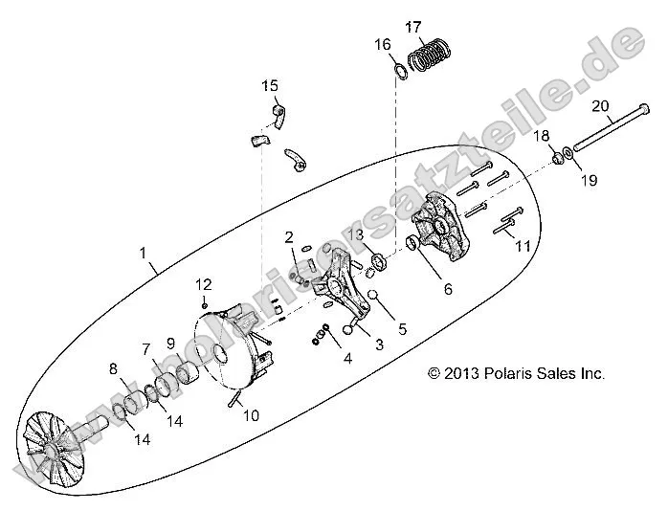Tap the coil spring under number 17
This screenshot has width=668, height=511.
[430, 56]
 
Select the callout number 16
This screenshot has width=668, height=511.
[382, 45]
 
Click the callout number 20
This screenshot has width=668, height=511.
[600, 105]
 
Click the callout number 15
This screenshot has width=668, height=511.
[271, 87]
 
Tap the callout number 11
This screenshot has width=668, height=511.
[523, 246]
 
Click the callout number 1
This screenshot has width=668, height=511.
[143, 254]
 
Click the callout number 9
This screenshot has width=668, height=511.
[170, 343]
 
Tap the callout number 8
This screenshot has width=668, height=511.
[113, 368]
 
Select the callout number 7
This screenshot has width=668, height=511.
[147, 348]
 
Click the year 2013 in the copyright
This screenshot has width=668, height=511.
[464, 373]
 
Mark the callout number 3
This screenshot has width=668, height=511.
[379, 344]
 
